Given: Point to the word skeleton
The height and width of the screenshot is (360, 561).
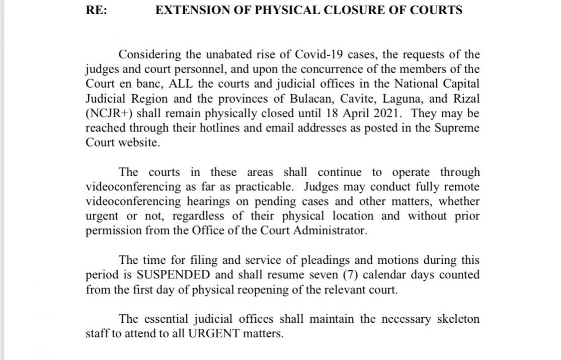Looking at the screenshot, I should [453, 319].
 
